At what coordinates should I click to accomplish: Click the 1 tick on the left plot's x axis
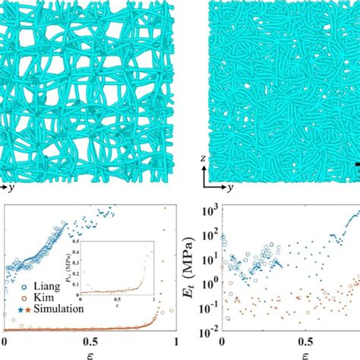(x=177, y=342)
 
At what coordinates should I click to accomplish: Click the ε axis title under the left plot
(x=91, y=354)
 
